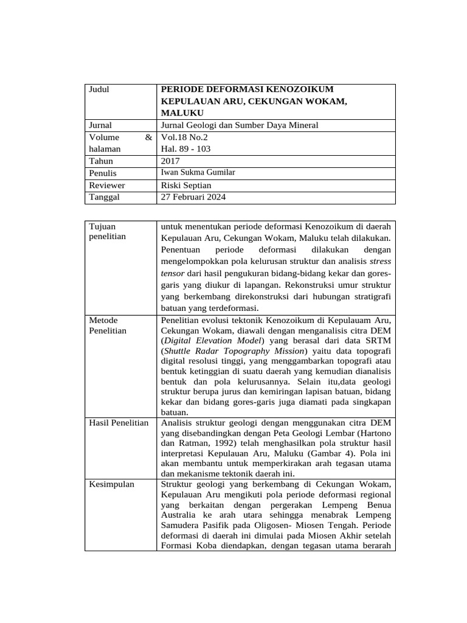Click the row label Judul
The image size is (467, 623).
tap(99, 89)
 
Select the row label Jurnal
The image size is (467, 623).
tap(100, 125)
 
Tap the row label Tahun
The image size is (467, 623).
tap(101, 161)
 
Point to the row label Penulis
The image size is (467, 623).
tap(102, 173)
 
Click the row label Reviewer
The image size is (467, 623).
tap(106, 185)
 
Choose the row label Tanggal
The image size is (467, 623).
tap(104, 197)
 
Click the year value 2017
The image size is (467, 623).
tap(171, 161)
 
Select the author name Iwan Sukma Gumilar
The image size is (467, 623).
tap(198, 173)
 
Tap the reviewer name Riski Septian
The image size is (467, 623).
tap(186, 185)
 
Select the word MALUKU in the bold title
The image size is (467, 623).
tap(182, 113)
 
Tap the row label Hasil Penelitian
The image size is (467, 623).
tap(119, 423)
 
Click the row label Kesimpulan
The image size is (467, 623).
tap(112, 484)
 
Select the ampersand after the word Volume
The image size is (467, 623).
tap(148, 137)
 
